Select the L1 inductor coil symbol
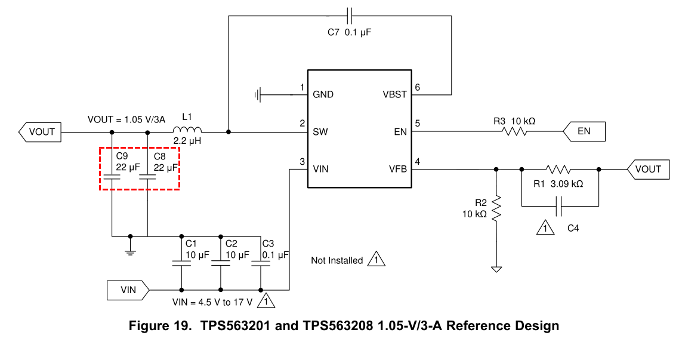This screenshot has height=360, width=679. point(187,130)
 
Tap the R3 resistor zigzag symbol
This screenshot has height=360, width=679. point(514,131)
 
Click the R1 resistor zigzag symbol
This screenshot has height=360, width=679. point(558,169)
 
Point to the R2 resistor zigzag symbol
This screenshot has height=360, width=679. point(496,208)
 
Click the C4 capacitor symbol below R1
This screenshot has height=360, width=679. point(558,206)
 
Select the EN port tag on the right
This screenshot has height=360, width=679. point(584,131)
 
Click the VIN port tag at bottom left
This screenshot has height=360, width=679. point(128,290)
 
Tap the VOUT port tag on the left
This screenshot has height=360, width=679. point(40,132)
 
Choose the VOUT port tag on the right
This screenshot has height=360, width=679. point(648,169)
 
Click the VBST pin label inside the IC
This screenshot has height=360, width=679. point(394,94)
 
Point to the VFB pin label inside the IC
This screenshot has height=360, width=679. point(398,169)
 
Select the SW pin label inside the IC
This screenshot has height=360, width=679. point(320,132)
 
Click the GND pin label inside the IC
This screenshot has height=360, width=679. point(323,94)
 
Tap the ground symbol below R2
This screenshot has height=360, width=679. point(496,269)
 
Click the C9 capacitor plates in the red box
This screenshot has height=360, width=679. point(112,177)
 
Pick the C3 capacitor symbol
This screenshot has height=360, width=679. point(261,263)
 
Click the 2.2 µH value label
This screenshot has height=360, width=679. point(187,141)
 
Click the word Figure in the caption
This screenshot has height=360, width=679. point(161,326)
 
